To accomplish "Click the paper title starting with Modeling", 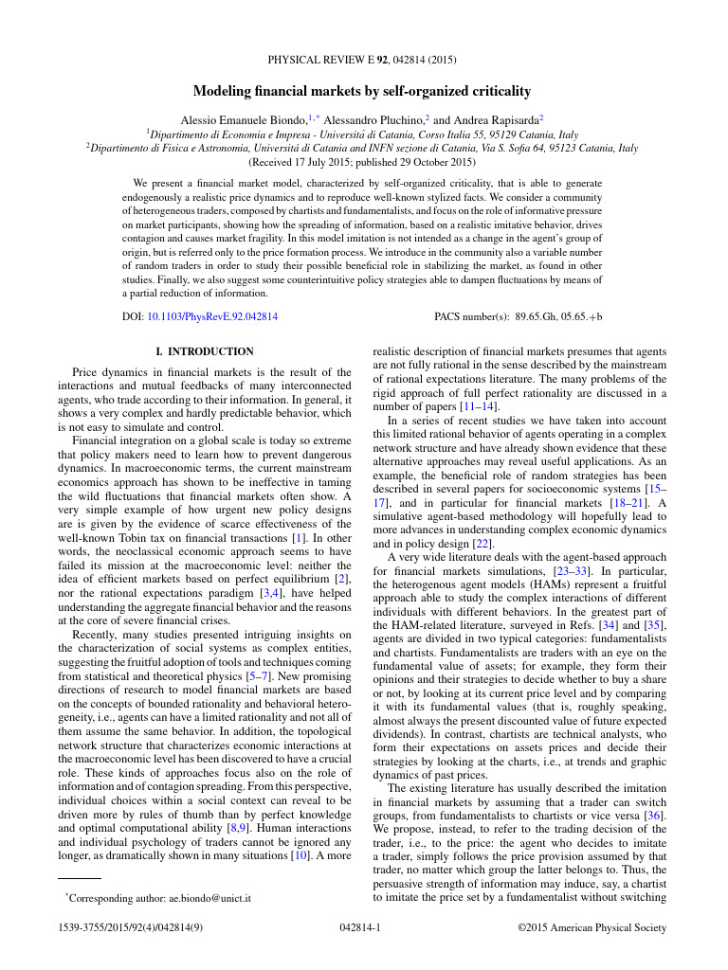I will (x=362, y=92).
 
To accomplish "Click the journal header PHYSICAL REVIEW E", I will (x=321, y=61).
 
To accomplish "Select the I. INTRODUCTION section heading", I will (x=204, y=351).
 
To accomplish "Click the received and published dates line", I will (x=363, y=162).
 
